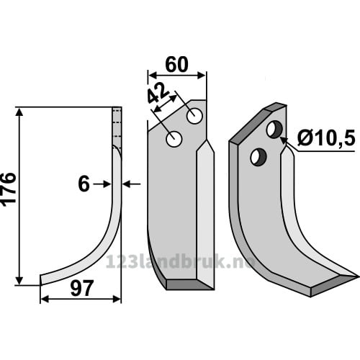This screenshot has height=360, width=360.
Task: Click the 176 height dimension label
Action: pos(9,189)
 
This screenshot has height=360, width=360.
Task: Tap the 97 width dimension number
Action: pos(81,289)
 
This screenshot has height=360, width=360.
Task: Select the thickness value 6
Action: pos(84,184)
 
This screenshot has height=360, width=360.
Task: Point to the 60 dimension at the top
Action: pos(177,65)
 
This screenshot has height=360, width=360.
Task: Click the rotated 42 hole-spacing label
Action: pos(158,94)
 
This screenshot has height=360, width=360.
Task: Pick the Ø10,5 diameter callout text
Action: pos(326,139)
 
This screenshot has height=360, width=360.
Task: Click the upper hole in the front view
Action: pos(194,116)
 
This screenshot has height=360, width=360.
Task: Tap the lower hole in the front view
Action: pos(174,139)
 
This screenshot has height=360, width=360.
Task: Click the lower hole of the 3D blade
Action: pos(258,157)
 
